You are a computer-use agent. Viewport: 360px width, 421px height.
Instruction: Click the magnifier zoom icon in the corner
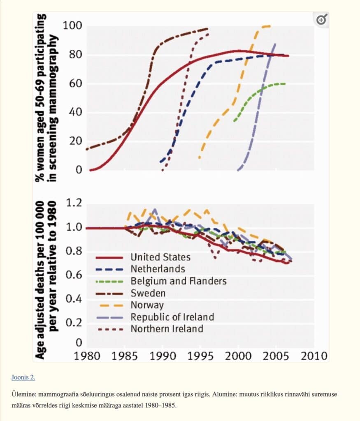click(x=321, y=19)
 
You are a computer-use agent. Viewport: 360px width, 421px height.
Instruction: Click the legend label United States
click(x=160, y=257)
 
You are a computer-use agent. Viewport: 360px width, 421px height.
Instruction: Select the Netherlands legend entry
click(x=158, y=269)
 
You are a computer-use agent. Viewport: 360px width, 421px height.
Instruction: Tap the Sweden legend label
click(x=148, y=293)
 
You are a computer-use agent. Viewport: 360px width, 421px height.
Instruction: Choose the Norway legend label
click(x=147, y=305)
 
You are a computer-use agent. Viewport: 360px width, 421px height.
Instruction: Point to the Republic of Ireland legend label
click(x=172, y=317)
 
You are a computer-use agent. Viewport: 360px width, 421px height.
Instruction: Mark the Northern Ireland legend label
click(x=167, y=329)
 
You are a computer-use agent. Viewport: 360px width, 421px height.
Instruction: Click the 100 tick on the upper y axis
click(x=72, y=26)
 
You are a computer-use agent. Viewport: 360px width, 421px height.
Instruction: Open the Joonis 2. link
click(x=23, y=377)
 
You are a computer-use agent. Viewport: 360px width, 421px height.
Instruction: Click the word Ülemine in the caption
click(x=23, y=394)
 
